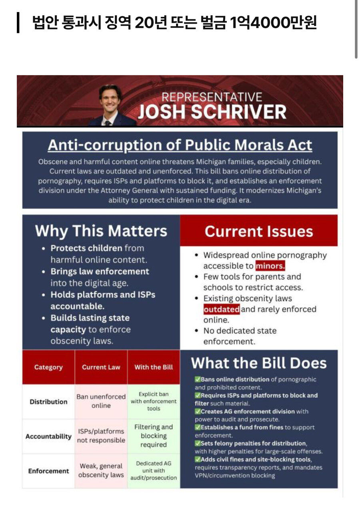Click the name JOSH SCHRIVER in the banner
(212, 112)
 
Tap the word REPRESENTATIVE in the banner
(212, 97)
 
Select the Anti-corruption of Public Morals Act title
(180, 145)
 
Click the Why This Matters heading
(101, 231)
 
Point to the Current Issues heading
(258, 231)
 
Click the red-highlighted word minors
(270, 266)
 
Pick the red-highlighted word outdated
(222, 309)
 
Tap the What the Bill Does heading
(259, 363)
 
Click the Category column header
(48, 367)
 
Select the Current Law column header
(101, 367)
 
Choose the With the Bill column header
(154, 367)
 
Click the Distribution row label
(48, 402)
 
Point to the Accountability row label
(48, 436)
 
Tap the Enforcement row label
(48, 471)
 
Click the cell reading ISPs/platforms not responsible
(101, 436)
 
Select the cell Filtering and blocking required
(154, 436)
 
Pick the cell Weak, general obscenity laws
(101, 471)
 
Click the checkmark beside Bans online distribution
(198, 379)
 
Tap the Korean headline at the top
(174, 23)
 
